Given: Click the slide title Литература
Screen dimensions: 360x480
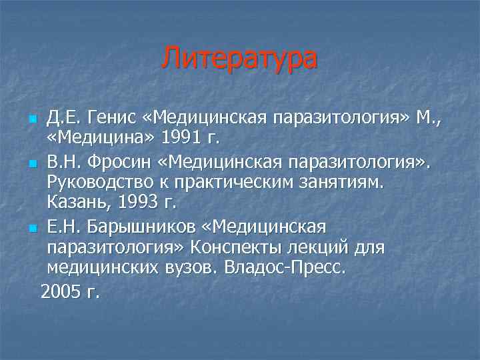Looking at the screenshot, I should [239, 57].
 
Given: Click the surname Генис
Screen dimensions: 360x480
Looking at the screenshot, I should [106, 118].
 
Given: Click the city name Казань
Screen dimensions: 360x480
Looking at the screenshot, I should [75, 202].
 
